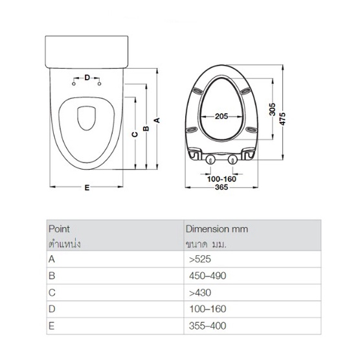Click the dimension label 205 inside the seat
coord(221,117)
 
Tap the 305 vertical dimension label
coord(272,109)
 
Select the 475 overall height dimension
coord(282,118)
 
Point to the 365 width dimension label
coord(221,187)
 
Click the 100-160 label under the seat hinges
coord(221,179)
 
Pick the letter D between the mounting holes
coord(87,78)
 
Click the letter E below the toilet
coord(87,188)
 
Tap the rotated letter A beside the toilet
coord(157,120)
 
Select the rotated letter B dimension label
coord(146,129)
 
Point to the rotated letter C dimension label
coord(135,134)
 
